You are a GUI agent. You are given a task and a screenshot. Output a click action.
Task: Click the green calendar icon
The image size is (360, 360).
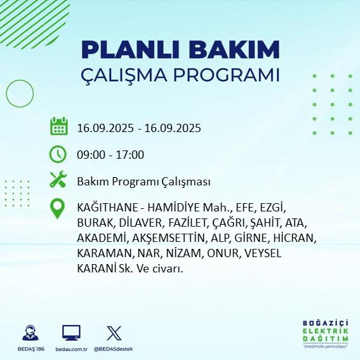58,127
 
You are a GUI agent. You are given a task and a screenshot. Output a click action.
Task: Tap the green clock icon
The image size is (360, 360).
58,154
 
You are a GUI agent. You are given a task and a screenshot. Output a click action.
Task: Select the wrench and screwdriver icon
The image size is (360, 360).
58,181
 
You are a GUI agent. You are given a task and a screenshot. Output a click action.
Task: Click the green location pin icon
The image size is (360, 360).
58,209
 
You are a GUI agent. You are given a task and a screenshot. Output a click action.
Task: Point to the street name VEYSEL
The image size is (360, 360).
258,254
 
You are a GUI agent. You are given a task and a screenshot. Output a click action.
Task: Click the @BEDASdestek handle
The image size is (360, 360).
114,349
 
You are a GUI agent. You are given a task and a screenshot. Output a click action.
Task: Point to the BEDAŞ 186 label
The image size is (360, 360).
29,349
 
